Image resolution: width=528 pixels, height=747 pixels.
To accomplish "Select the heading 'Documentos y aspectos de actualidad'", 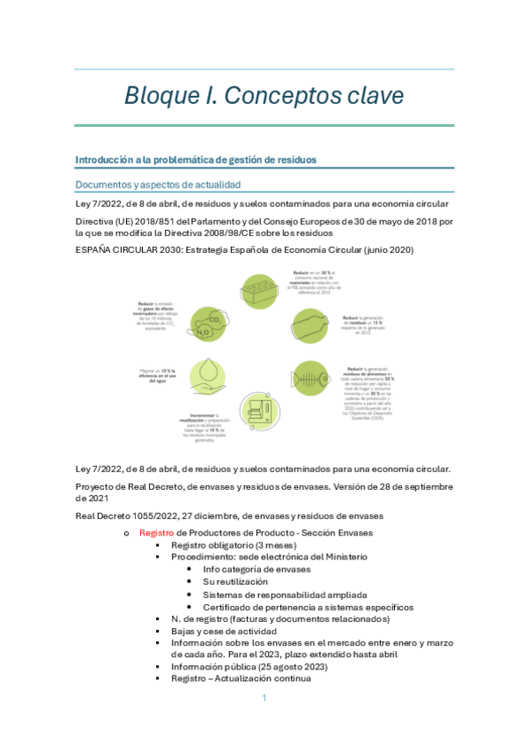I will point(158,184).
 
